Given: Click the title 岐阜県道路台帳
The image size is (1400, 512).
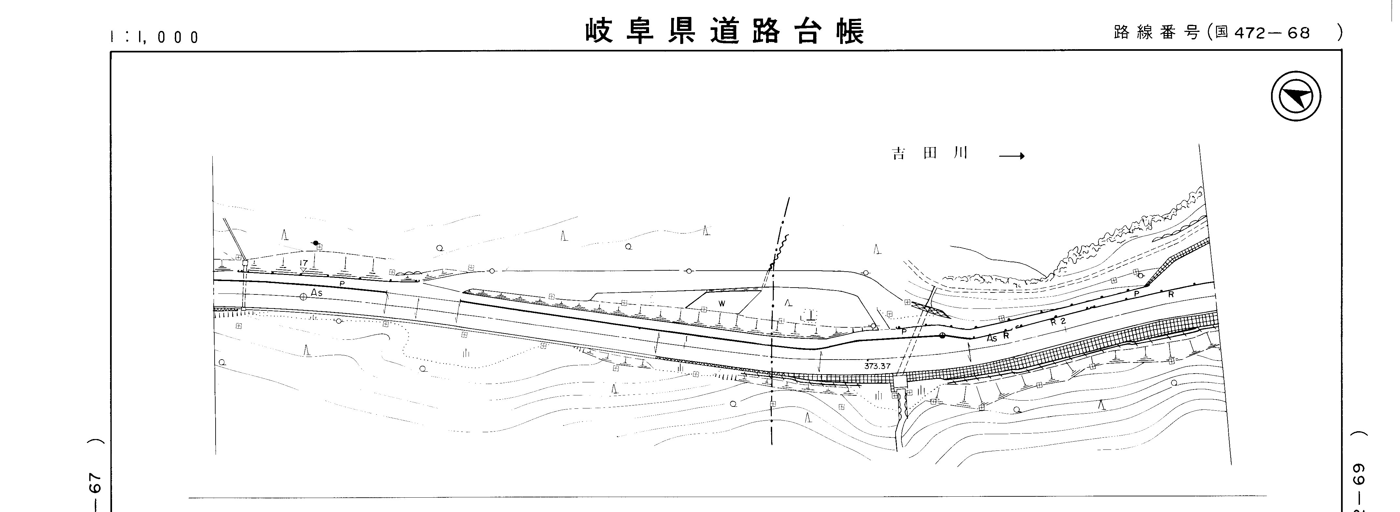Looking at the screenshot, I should tap(725, 32).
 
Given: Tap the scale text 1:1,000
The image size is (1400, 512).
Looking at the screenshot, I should tap(155, 37).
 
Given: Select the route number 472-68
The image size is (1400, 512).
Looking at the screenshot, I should tap(1272, 33).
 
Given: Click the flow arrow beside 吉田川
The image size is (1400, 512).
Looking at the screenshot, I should tap(1011, 156).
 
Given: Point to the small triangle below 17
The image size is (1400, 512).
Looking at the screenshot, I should tap(303, 270).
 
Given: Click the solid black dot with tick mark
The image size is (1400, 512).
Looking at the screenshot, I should tap(316, 242).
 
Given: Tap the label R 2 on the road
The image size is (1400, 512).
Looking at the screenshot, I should tap(1058, 321).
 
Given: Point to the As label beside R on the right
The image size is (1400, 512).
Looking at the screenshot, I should tap(992, 338).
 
